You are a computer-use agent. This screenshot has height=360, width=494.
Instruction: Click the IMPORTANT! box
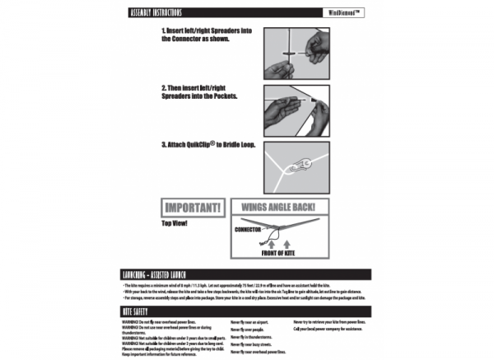click(191, 208)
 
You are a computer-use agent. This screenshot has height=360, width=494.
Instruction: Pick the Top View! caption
click(177, 223)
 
